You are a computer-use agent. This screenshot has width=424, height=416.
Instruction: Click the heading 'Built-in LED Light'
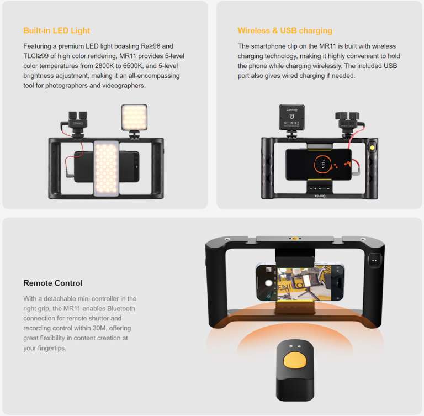click(x=56, y=30)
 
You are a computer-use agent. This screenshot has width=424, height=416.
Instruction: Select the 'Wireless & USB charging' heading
click(x=285, y=30)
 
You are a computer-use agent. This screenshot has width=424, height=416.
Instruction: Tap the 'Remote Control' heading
click(x=53, y=283)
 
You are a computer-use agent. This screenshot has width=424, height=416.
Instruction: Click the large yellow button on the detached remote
click(x=295, y=362)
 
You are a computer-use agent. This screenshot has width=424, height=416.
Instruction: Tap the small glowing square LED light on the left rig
click(x=134, y=117)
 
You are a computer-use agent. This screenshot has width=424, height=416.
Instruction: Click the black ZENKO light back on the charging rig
click(x=291, y=117)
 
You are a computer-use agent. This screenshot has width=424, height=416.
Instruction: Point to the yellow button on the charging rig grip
click(x=373, y=149)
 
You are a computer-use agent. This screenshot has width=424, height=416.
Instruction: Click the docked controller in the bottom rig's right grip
click(x=375, y=259)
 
